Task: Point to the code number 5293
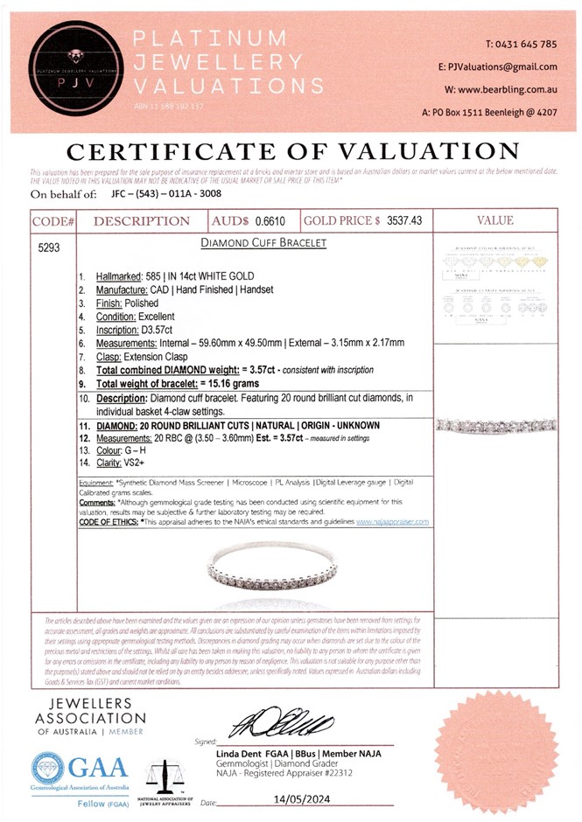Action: tap(49, 247)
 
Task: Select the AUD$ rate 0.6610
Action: tap(273, 221)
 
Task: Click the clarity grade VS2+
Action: tap(144, 463)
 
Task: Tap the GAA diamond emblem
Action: tap(46, 768)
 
